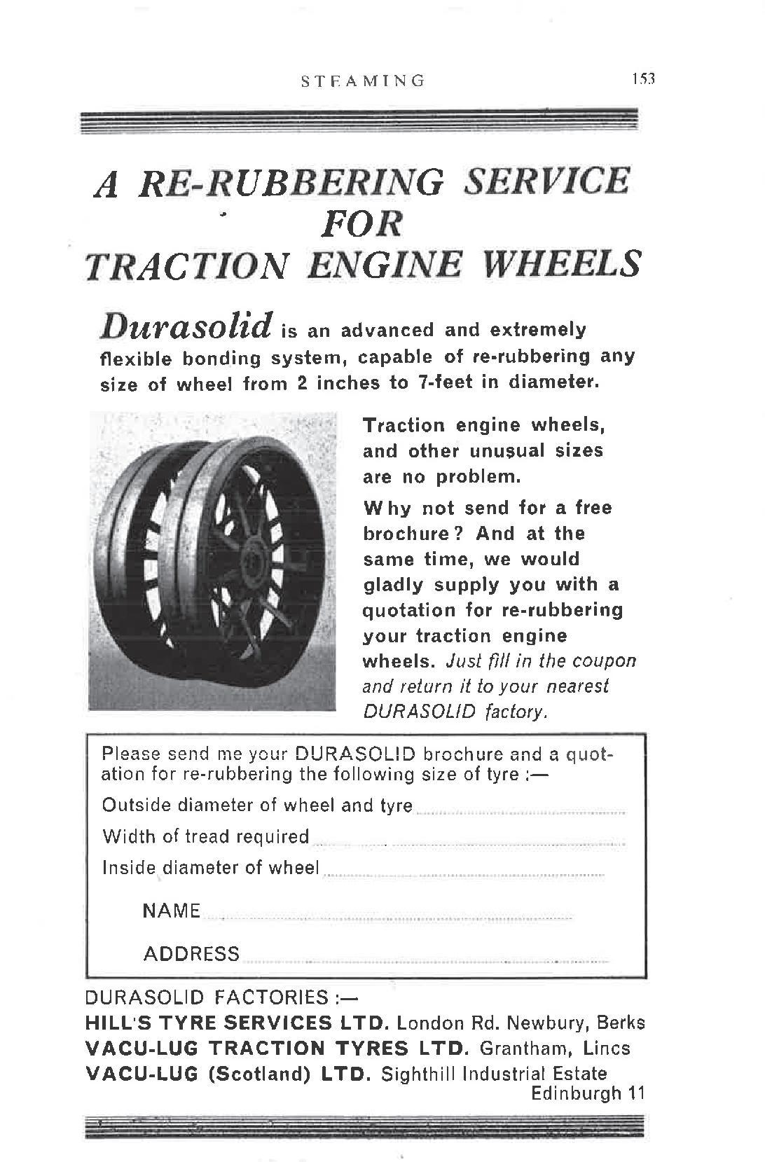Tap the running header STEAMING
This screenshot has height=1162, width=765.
[363, 81]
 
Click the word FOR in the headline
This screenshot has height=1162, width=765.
[362, 223]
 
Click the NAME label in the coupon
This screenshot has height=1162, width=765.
[172, 911]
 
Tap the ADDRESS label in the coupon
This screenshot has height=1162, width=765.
[191, 953]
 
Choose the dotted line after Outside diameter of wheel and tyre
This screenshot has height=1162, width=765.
[520, 812]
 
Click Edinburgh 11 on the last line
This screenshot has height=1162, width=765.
[587, 1093]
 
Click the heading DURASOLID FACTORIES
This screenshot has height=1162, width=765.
[207, 997]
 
